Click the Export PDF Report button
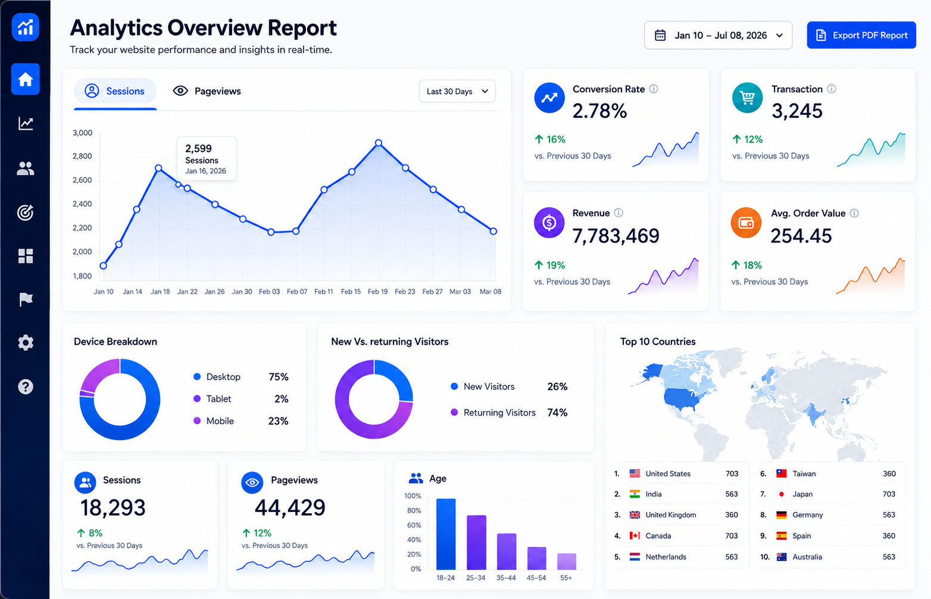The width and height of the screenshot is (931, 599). coord(861,35)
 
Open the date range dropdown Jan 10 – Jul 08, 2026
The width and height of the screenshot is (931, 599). coord(718,35)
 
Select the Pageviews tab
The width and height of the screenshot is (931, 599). coord(207,91)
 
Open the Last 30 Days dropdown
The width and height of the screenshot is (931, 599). coord(457,92)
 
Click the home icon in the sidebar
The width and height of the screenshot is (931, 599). coord(26,79)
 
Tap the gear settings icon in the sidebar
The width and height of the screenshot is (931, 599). coord(26,342)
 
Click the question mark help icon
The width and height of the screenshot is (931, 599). coord(26,386)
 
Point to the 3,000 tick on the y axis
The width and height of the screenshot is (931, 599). coord(82,133)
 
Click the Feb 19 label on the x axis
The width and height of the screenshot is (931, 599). coord(377,291)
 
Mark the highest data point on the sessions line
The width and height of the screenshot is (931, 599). coord(378,143)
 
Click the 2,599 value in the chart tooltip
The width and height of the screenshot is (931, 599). coord(198,148)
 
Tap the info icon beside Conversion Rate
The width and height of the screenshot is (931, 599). coord(654,89)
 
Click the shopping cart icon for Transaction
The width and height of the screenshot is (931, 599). coord(747,98)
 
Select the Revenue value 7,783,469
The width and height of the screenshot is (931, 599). coord(616,236)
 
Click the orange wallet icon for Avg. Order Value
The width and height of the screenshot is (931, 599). coord(746,223)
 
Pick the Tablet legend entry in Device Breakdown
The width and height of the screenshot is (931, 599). coord(212,399)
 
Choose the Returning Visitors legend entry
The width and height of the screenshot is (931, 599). coord(493,413)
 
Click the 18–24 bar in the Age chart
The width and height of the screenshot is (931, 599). coord(445,534)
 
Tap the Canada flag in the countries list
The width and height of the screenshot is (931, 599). coord(635,535)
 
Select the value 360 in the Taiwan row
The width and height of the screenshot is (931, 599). coord(889,473)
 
